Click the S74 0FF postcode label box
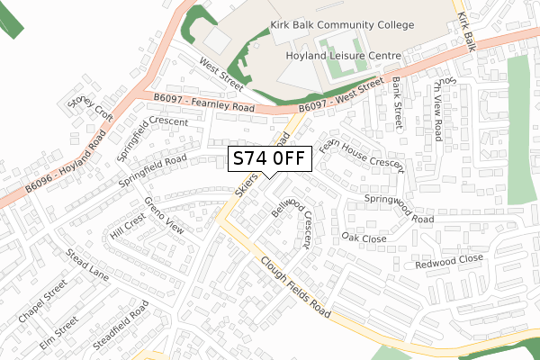pyautogui.click(x=271, y=159)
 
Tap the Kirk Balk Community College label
pyautogui.click(x=343, y=26)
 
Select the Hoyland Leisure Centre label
pyautogui.click(x=342, y=55)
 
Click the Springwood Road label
pyautogui.click(x=399, y=207)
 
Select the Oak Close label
pyautogui.click(x=364, y=238)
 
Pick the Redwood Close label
pyautogui.click(x=448, y=262)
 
